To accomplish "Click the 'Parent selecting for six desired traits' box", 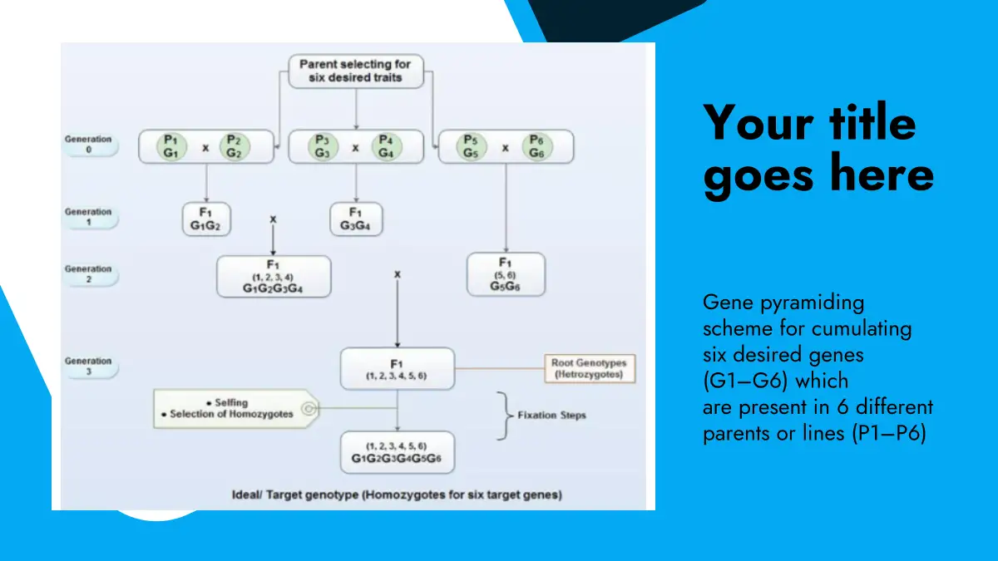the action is coord(356,71).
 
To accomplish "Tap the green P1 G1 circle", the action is coord(171,146).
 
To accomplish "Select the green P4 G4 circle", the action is coord(387,146).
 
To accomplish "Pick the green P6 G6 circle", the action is coord(537,146).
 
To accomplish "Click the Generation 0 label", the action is coord(89,145).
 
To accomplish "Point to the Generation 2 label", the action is coord(89,274).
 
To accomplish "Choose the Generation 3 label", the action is coord(89,366).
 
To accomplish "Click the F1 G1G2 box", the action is coord(206,219).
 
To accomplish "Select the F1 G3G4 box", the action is coord(356,219).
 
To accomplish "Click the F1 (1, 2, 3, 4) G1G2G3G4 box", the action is coord(274,277).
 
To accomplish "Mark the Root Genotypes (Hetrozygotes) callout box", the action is coord(590,369).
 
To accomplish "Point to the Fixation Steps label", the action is coord(551,416).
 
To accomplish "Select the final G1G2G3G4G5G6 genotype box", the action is coord(398,452).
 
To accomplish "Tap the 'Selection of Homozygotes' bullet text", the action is coord(231,414).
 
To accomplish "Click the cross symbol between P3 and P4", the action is coord(356,148).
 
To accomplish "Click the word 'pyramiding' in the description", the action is coord(813,303).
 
